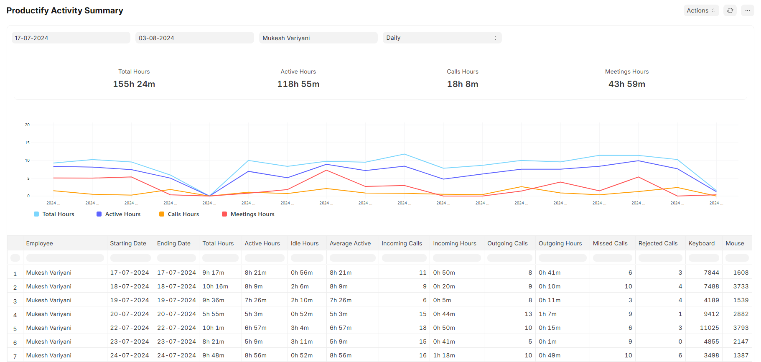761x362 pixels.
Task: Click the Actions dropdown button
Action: click(701, 10)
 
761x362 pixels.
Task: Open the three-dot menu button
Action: click(747, 10)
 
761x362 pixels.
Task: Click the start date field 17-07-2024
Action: click(71, 38)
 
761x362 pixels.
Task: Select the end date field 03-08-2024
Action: click(194, 38)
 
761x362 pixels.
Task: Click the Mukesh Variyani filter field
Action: click(318, 38)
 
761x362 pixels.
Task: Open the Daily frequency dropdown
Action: click(442, 38)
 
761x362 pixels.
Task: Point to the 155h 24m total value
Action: click(134, 84)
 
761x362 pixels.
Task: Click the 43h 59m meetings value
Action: click(626, 84)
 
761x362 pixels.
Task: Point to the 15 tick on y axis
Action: click(27, 143)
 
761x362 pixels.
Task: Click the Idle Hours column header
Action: click(305, 243)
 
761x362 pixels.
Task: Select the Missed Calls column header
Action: click(610, 243)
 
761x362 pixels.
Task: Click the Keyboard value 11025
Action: click(709, 328)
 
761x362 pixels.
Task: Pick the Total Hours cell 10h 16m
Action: click(215, 286)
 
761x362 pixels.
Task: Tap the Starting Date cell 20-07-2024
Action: click(130, 314)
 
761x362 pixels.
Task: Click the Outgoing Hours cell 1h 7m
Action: click(547, 314)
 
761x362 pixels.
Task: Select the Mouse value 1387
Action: click(741, 355)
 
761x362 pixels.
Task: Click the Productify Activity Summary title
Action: click(65, 10)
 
